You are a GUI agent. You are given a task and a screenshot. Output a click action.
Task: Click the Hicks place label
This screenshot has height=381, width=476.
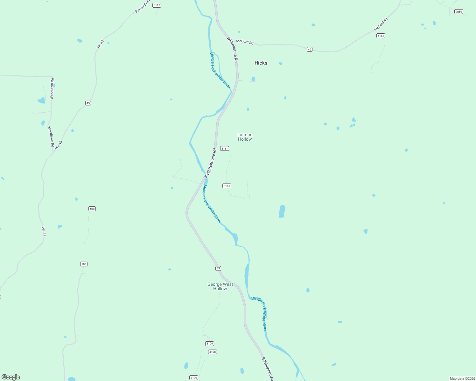261,63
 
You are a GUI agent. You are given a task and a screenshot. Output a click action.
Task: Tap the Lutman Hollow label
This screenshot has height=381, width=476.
245,137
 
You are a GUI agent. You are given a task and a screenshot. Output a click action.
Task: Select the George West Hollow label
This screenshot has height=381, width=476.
220,286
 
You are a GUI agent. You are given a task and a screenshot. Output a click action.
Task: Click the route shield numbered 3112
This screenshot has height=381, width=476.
157,5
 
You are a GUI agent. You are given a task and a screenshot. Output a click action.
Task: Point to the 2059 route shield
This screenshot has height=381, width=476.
458,12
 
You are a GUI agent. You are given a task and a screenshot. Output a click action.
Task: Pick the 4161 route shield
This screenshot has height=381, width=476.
381,36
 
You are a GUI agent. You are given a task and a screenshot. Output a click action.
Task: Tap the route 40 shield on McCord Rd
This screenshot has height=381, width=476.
310,49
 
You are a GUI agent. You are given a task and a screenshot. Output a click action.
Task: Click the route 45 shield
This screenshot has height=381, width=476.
88,103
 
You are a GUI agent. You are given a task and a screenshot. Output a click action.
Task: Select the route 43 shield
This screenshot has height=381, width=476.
218,268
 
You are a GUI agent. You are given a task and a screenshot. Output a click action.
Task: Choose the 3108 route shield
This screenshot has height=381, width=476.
213,352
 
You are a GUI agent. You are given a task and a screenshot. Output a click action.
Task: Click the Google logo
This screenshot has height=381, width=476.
11,377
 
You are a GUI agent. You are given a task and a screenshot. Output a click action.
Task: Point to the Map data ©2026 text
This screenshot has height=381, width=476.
462,378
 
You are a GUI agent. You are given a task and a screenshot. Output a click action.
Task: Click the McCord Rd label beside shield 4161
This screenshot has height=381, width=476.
381,24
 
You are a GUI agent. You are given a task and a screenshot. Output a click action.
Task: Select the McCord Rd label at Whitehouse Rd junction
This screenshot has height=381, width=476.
245,42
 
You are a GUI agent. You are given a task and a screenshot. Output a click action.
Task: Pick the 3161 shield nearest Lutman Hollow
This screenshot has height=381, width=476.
225,149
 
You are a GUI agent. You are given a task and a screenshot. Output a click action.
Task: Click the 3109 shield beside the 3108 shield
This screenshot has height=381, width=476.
210,344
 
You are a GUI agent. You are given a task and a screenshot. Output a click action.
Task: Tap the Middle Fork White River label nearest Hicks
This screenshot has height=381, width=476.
220,70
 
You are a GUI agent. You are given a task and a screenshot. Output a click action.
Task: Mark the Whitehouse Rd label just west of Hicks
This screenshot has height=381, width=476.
232,49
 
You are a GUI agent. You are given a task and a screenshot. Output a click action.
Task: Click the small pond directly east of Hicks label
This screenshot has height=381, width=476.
281,63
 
